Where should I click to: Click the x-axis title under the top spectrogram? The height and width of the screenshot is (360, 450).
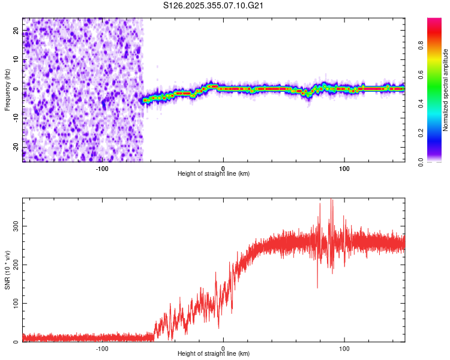[214, 174]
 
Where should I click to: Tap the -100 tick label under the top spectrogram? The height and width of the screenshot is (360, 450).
[101, 167]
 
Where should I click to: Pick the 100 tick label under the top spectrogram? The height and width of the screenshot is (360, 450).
[344, 167]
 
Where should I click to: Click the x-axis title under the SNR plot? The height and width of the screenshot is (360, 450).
[214, 354]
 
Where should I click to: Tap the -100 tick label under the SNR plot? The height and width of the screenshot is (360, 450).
[101, 347]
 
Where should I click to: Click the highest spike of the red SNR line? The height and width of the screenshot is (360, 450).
[332, 200]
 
